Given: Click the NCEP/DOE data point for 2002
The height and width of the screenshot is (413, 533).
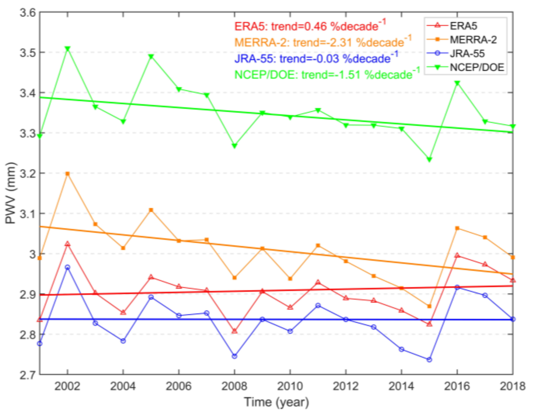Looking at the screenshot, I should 68,49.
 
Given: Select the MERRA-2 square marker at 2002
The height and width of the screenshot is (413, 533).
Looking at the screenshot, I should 68,174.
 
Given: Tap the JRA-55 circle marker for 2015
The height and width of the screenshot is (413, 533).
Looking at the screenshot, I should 429,360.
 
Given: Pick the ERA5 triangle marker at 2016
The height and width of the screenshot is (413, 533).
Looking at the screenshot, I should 457,255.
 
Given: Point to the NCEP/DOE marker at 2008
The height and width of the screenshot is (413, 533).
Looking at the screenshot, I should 234,146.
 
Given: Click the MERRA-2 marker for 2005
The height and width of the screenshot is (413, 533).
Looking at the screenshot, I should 151,210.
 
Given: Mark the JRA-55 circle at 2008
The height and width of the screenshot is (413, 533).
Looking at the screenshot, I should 234,356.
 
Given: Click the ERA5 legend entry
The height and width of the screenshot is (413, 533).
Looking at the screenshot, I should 463,26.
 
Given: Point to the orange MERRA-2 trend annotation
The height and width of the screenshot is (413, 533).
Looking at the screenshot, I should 323,42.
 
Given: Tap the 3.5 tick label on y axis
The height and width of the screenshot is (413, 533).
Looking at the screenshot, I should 28,52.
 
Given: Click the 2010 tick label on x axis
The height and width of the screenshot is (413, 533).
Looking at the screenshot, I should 290,386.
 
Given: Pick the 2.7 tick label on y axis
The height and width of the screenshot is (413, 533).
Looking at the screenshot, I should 28,375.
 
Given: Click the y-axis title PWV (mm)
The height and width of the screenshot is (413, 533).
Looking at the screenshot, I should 11,193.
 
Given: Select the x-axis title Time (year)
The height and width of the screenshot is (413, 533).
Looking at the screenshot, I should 276,402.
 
